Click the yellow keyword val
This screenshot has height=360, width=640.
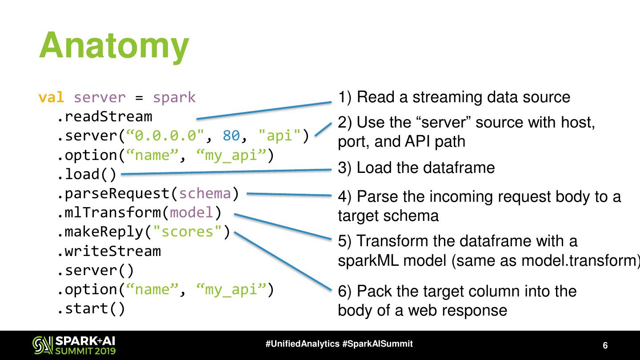(51, 97)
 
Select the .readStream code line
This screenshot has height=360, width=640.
(104, 117)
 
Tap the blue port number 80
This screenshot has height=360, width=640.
(231, 136)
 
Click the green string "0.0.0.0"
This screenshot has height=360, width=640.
(165, 136)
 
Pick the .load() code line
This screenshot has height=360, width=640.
(87, 174)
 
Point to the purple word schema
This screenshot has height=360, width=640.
(205, 194)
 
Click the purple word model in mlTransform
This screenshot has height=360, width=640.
(192, 213)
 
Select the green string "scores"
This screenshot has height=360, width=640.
(188, 232)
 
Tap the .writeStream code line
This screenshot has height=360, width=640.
(109, 252)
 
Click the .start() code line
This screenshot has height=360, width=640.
(91, 308)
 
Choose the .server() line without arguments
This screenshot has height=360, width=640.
(96, 270)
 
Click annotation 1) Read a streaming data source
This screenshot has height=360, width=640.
(454, 97)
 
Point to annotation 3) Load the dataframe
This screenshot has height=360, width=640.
(416, 168)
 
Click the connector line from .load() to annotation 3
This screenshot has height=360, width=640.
(227, 172)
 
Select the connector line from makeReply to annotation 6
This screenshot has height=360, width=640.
(282, 260)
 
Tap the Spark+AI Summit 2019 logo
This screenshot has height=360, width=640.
(74, 345)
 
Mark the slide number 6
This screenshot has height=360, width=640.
(605, 346)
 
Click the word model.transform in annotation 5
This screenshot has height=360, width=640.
(578, 260)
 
